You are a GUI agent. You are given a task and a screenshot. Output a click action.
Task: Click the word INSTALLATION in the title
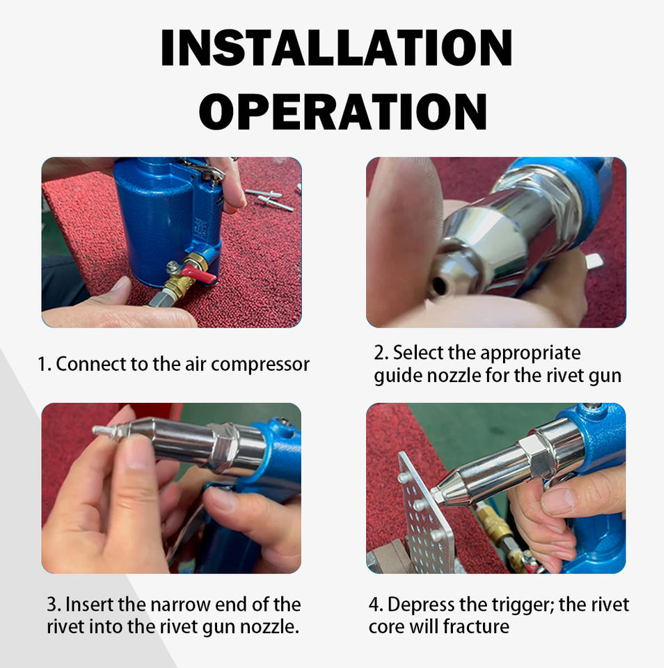pyautogui.click(x=336, y=48)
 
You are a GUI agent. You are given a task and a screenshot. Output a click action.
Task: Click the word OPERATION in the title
pyautogui.click(x=343, y=111)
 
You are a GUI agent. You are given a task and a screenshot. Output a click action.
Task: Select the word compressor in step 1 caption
pyautogui.click(x=260, y=364)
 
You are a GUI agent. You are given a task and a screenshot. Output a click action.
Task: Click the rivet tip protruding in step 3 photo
pyautogui.click(x=103, y=430)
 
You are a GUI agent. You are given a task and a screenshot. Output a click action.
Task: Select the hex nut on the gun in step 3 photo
pyautogui.click(x=223, y=447)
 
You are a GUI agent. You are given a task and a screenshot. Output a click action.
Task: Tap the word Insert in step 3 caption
pyautogui.click(x=89, y=605)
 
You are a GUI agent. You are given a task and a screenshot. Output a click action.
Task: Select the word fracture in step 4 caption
pyautogui.click(x=475, y=627)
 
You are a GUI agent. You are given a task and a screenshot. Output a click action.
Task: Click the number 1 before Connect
pyautogui.click(x=42, y=365)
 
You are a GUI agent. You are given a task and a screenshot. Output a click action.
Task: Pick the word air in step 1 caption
pyautogui.click(x=195, y=364)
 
